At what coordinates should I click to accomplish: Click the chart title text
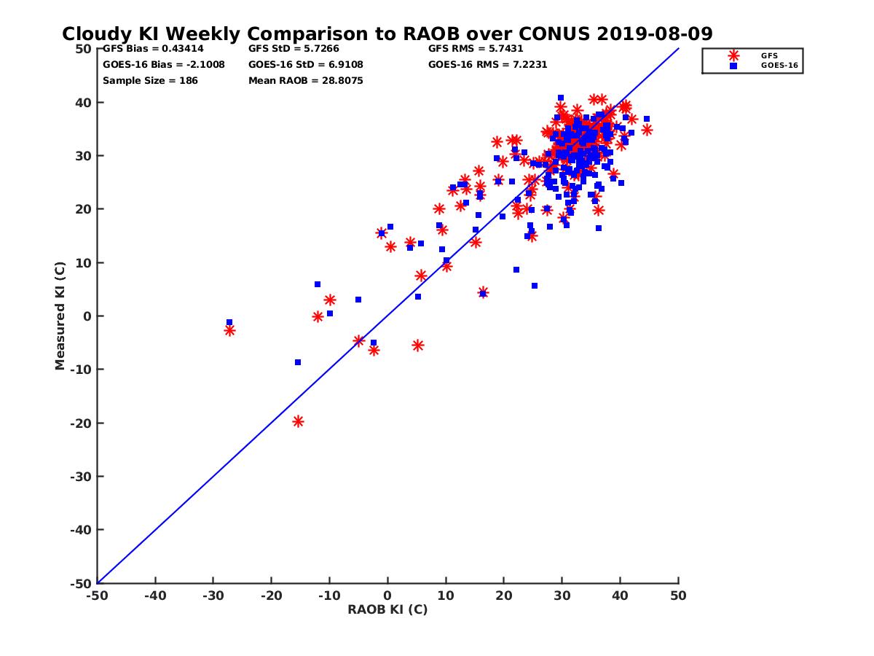[x=387, y=34]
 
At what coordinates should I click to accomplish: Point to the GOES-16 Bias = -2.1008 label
[x=164, y=64]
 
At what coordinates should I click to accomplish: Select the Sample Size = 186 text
[x=150, y=80]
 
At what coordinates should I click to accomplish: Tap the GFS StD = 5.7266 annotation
[x=294, y=49]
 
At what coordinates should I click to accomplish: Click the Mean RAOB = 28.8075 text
[x=306, y=80]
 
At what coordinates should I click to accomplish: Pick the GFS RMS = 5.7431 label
[x=476, y=49]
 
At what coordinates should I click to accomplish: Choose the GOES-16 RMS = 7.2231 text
[x=488, y=64]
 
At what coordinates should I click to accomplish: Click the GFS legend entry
[x=768, y=55]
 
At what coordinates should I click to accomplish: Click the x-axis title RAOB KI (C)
[x=387, y=609]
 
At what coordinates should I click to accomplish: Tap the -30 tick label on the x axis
[x=212, y=596]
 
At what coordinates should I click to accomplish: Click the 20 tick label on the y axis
[x=82, y=209]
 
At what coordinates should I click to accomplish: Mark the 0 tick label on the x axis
[x=387, y=596]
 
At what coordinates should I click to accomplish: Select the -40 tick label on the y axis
[x=80, y=530]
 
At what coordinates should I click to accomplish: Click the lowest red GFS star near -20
[x=298, y=421]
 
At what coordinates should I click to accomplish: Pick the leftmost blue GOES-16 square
[x=229, y=322]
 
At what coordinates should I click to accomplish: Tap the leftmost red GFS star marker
[x=229, y=330]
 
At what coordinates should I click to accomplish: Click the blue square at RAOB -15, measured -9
[x=298, y=362]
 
